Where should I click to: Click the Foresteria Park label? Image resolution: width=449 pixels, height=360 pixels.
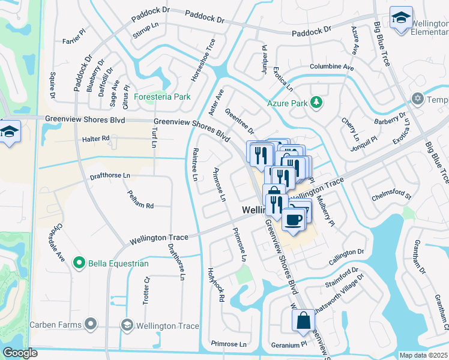click(162, 97)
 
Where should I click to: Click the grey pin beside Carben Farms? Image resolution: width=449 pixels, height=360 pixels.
click(91, 325)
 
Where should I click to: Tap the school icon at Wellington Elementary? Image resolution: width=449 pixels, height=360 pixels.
click(400, 18)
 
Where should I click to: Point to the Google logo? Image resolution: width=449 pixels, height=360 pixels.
click(20, 353)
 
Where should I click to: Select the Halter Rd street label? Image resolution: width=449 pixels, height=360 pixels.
click(96, 138)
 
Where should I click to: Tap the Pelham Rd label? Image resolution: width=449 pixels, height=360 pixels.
click(141, 199)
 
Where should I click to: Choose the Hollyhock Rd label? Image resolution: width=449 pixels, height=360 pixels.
click(215, 284)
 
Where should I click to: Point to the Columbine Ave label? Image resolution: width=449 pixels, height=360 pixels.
click(331, 67)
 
